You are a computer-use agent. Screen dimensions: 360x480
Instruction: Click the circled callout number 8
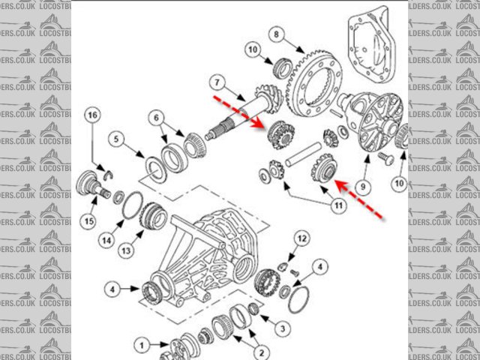click(275, 34)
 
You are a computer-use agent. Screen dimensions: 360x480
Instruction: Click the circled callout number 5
click(117, 138)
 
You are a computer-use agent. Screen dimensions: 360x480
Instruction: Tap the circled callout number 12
click(301, 238)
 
